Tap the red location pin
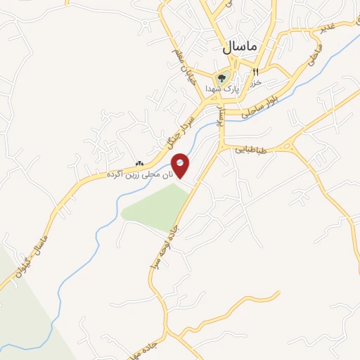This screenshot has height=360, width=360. [x=180, y=166]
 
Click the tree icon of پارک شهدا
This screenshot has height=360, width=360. [x=222, y=78]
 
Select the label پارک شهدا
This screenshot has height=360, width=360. [x=223, y=89]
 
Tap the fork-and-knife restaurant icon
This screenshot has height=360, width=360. [x=255, y=71]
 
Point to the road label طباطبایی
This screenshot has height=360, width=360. [x=251, y=149]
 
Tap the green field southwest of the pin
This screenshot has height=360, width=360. [x=155, y=207]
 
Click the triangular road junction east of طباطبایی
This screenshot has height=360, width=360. [x=288, y=146]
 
